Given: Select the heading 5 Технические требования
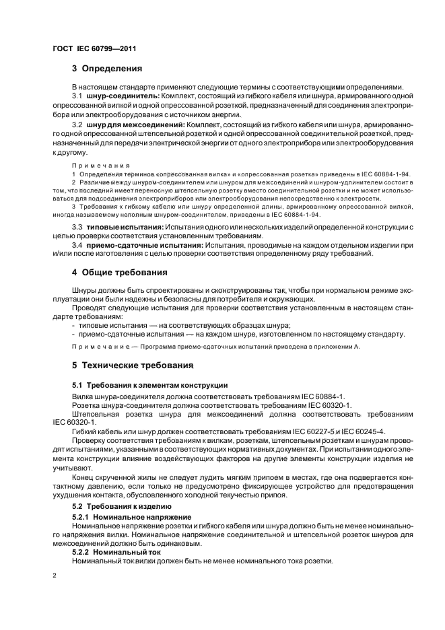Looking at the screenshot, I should tap(133, 365).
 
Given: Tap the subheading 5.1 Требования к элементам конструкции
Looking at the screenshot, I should tap(149, 385).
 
